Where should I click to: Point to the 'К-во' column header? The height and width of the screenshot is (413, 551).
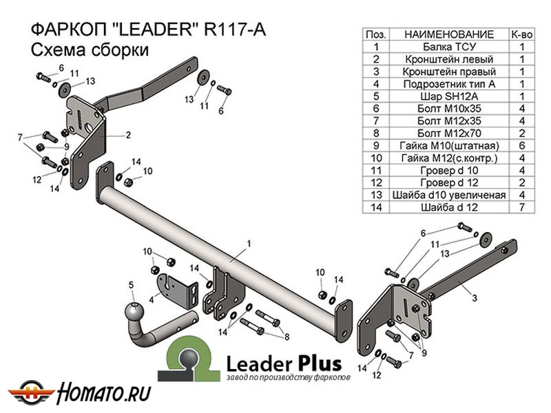[521, 34]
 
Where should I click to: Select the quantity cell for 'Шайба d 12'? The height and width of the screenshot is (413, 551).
[521, 206]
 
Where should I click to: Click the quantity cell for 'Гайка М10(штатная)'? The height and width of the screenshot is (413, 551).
[521, 145]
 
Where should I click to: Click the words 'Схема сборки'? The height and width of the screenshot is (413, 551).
[90, 50]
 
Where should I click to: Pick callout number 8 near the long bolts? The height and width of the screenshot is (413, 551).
[287, 336]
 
